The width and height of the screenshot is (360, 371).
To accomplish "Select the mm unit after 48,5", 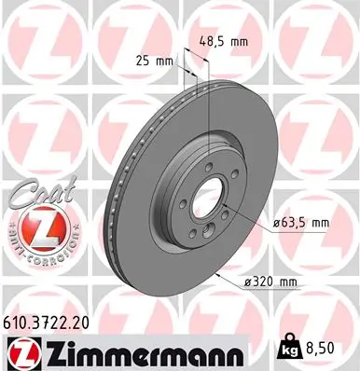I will [242, 41].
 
